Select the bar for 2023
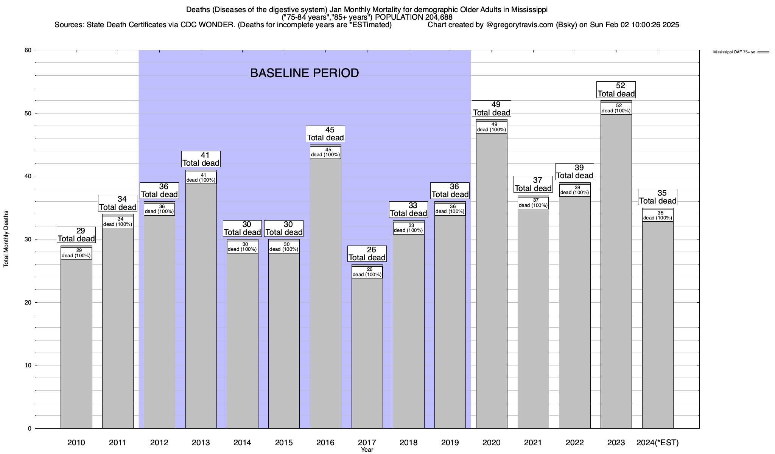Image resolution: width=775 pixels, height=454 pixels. (x=616, y=272)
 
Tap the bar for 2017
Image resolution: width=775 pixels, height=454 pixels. (x=367, y=352)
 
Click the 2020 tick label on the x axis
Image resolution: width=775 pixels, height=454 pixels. (x=492, y=443)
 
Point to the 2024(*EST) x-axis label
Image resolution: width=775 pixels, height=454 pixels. (x=658, y=443)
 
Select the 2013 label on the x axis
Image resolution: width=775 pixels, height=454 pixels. (x=201, y=443)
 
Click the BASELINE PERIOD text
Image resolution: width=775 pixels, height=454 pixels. (x=304, y=73)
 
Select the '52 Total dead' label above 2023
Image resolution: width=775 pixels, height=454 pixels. (x=616, y=90)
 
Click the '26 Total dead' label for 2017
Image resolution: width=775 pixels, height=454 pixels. (x=367, y=254)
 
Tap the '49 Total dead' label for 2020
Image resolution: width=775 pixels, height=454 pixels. (x=492, y=109)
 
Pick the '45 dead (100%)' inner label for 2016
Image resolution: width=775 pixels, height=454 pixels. (x=325, y=152)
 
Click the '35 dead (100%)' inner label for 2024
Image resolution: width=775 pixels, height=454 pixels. (x=658, y=216)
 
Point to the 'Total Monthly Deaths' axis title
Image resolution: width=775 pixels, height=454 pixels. (x=6, y=239)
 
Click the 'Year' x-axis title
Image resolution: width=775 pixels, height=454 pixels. (x=367, y=450)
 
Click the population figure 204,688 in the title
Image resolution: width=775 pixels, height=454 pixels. (x=435, y=17)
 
